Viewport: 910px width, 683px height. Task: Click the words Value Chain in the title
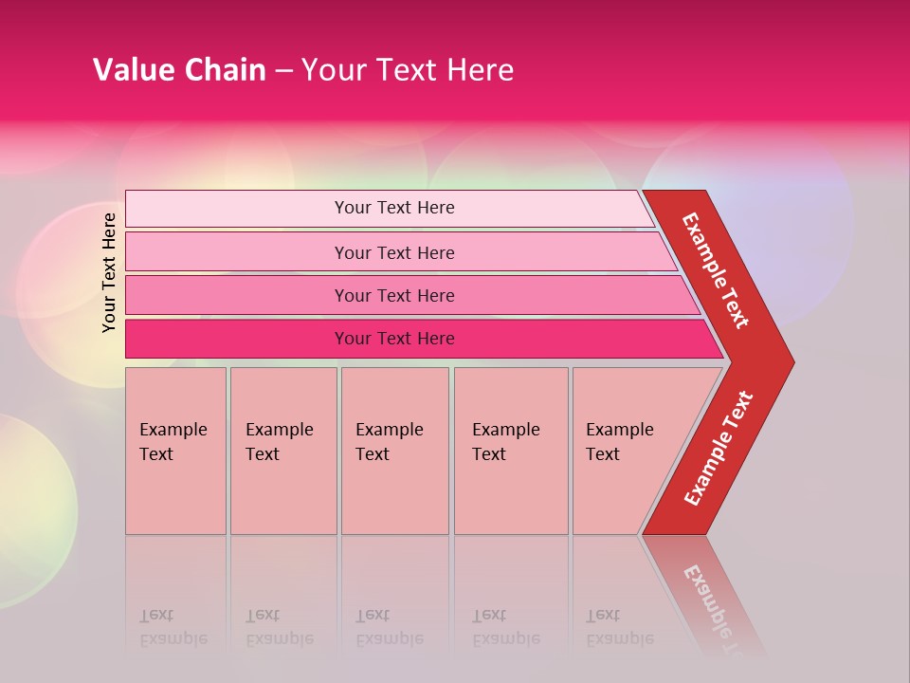[179, 70]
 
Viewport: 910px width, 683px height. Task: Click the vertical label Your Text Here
[109, 272]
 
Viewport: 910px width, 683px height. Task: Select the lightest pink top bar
[237, 208]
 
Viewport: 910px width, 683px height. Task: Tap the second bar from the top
[237, 252]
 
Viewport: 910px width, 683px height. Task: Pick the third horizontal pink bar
[237, 295]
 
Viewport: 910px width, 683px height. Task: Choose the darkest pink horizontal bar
[237, 339]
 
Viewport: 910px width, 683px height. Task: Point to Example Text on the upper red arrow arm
[716, 270]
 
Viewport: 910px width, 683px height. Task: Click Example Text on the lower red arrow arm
[719, 449]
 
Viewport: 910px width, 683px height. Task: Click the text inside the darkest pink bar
[394, 339]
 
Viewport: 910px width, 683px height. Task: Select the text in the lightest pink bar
[394, 208]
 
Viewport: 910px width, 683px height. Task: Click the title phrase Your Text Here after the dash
[408, 70]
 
